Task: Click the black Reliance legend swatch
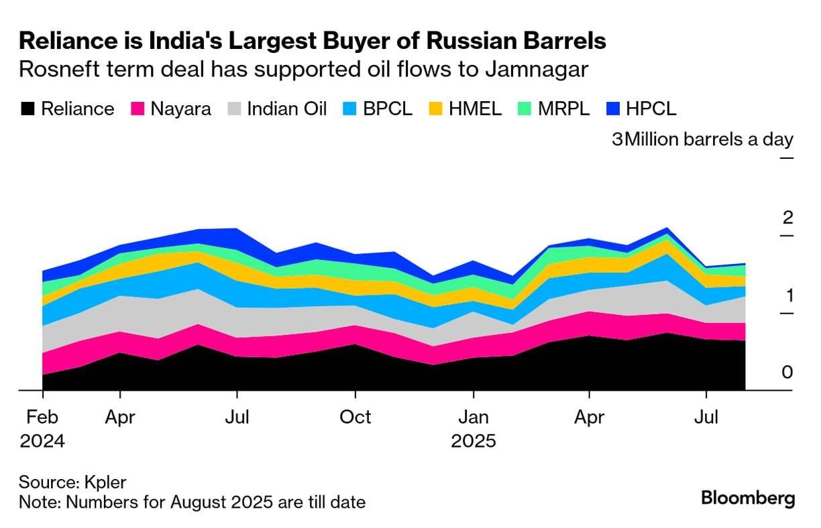click(28, 109)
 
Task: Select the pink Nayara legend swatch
click(138, 109)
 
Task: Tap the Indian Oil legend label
click(287, 109)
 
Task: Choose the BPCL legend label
click(388, 109)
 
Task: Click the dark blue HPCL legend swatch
click(614, 109)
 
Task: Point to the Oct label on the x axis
click(355, 417)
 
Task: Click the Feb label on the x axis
click(42, 417)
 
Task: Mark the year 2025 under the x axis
click(474, 442)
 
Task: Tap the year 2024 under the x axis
click(42, 442)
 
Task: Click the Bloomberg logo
click(748, 499)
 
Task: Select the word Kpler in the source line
click(107, 482)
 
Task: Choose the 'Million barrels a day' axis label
click(710, 140)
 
